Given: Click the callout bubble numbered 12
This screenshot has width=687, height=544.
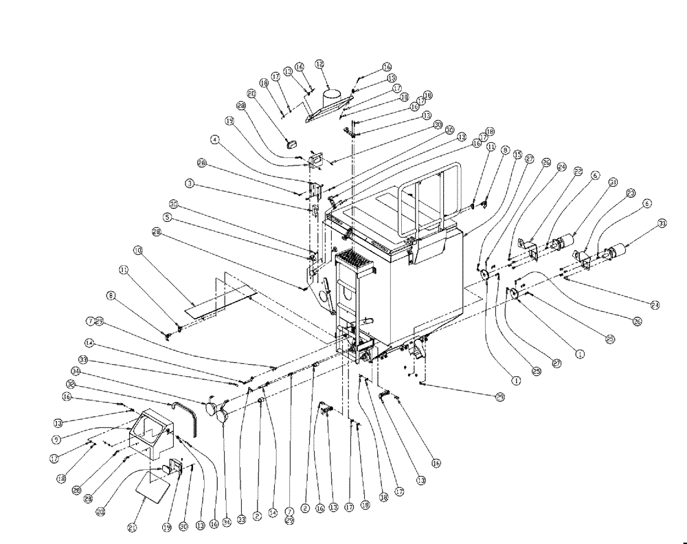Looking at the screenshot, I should [x=319, y=63].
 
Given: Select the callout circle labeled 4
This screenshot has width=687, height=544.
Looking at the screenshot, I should [x=215, y=139].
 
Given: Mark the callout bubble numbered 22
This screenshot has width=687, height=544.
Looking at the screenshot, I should [x=578, y=171].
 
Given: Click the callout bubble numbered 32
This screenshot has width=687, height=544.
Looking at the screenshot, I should [x=70, y=384].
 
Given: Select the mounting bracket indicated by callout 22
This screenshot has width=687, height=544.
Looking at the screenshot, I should [x=528, y=247].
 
